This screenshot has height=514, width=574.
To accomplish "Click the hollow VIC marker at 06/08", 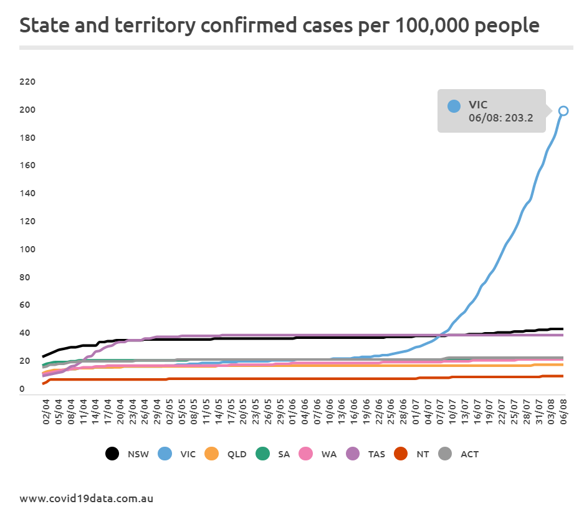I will coord(563,111).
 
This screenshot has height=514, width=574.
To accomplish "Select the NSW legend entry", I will coord(128,454).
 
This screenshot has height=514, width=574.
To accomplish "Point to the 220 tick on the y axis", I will coord(28,82).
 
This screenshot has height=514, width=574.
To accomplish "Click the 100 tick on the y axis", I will coord(28,249).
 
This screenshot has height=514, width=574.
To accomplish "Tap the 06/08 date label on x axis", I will coord(563,413).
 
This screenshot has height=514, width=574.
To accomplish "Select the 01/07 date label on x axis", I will coord(416,413).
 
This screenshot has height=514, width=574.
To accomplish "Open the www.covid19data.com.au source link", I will coord(86,498).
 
